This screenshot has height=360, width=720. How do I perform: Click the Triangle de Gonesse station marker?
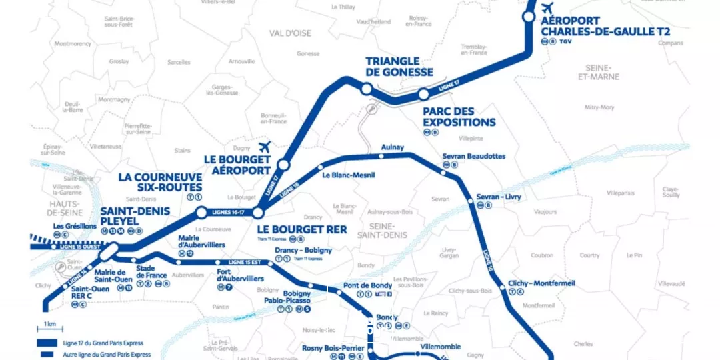(365, 89)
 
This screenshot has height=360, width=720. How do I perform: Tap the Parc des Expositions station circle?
(423, 94)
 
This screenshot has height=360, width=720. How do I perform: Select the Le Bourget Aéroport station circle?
(283, 165)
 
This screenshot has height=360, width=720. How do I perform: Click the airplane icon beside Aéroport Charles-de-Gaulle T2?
(547, 8)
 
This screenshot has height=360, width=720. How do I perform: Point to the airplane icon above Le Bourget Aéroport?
(265, 147)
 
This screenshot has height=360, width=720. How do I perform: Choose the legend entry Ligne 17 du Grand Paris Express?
(93, 343)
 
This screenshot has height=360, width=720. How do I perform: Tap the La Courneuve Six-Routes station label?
(160, 182)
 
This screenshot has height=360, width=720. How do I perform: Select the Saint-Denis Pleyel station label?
(135, 216)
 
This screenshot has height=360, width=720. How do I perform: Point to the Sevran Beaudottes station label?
(473, 157)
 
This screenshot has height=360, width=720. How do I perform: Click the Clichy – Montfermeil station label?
(541, 283)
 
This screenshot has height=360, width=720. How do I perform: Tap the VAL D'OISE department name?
(290, 33)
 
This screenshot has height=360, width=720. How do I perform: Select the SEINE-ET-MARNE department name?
(602, 72)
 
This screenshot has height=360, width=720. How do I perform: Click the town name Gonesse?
(308, 53)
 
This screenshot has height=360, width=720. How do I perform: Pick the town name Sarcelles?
(178, 61)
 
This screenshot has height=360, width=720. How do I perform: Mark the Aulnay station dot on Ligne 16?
(381, 156)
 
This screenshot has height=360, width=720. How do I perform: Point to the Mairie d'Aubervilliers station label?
(199, 241)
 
